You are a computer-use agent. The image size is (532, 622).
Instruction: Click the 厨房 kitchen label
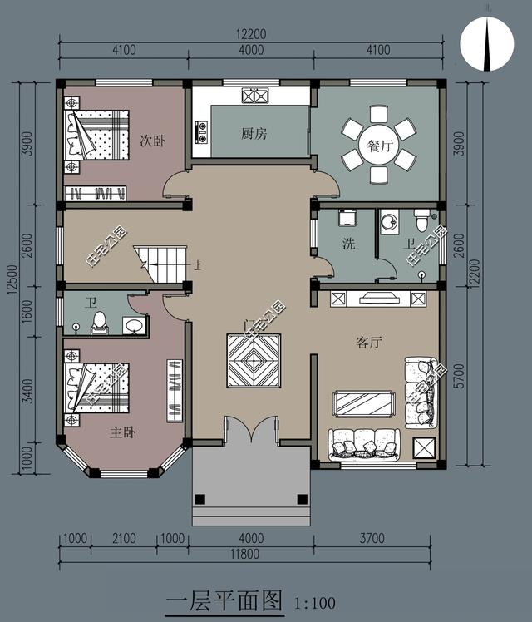[254, 134]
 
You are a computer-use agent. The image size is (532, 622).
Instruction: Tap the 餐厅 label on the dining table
[379, 146]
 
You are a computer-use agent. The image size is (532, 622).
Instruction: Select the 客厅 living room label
[369, 342]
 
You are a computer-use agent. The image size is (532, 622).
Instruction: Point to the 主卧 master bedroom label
[123, 432]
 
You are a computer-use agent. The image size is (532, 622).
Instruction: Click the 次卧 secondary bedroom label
[153, 141]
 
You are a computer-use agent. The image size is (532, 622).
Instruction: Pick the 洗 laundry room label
[349, 244]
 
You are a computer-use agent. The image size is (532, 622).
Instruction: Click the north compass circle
[487, 43]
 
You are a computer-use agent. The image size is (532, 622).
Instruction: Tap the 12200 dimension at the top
[251, 34]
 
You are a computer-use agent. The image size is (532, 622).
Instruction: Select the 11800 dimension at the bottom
[245, 554]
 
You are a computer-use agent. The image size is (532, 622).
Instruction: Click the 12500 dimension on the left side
[12, 279]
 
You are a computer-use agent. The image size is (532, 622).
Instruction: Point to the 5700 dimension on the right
[459, 375]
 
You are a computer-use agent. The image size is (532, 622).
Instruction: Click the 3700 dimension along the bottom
[372, 538]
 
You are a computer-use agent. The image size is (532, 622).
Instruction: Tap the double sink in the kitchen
[255, 96]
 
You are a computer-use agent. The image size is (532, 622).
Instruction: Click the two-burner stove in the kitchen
[201, 132]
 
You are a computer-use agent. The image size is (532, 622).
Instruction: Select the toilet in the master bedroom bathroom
[99, 323]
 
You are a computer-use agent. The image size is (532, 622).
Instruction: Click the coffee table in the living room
[364, 404]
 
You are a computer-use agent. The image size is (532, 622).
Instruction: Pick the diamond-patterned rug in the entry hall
[254, 361]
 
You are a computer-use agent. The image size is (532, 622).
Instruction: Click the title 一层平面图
[224, 601]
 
